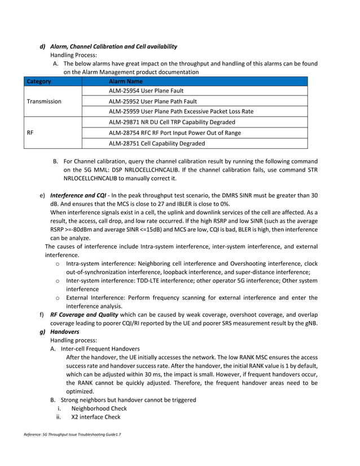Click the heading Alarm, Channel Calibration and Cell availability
point(113,46)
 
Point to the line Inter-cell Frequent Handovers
point(101,349)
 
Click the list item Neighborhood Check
point(99,408)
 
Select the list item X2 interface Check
point(96,417)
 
